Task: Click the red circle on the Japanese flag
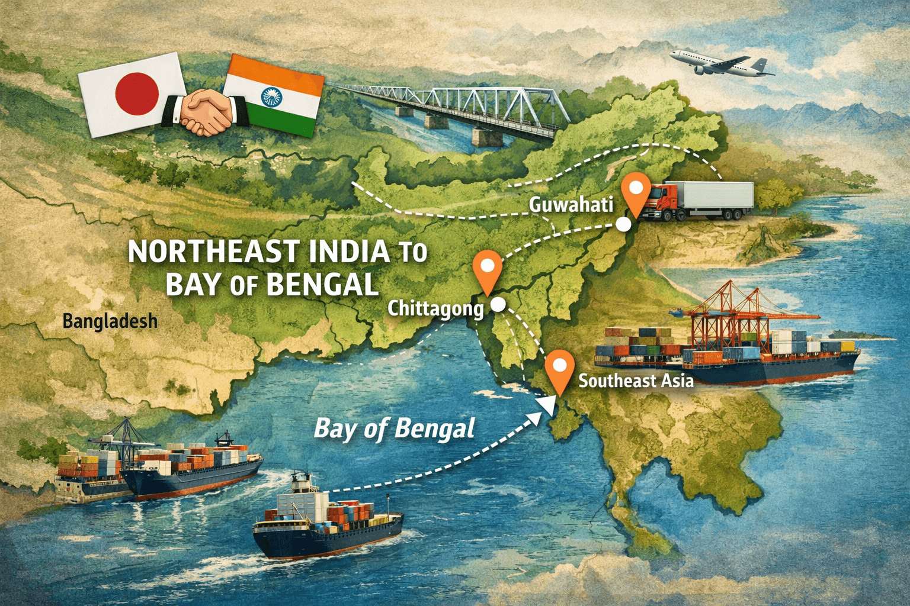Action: point(137,94)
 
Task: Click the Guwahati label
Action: point(570,205)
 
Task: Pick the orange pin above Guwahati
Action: point(636,192)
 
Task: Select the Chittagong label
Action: point(435,308)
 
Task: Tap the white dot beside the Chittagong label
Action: point(498,304)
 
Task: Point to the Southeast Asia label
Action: point(636,381)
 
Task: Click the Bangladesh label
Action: point(110,321)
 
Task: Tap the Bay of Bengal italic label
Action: point(395,428)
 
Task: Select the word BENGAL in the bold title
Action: point(323,285)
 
